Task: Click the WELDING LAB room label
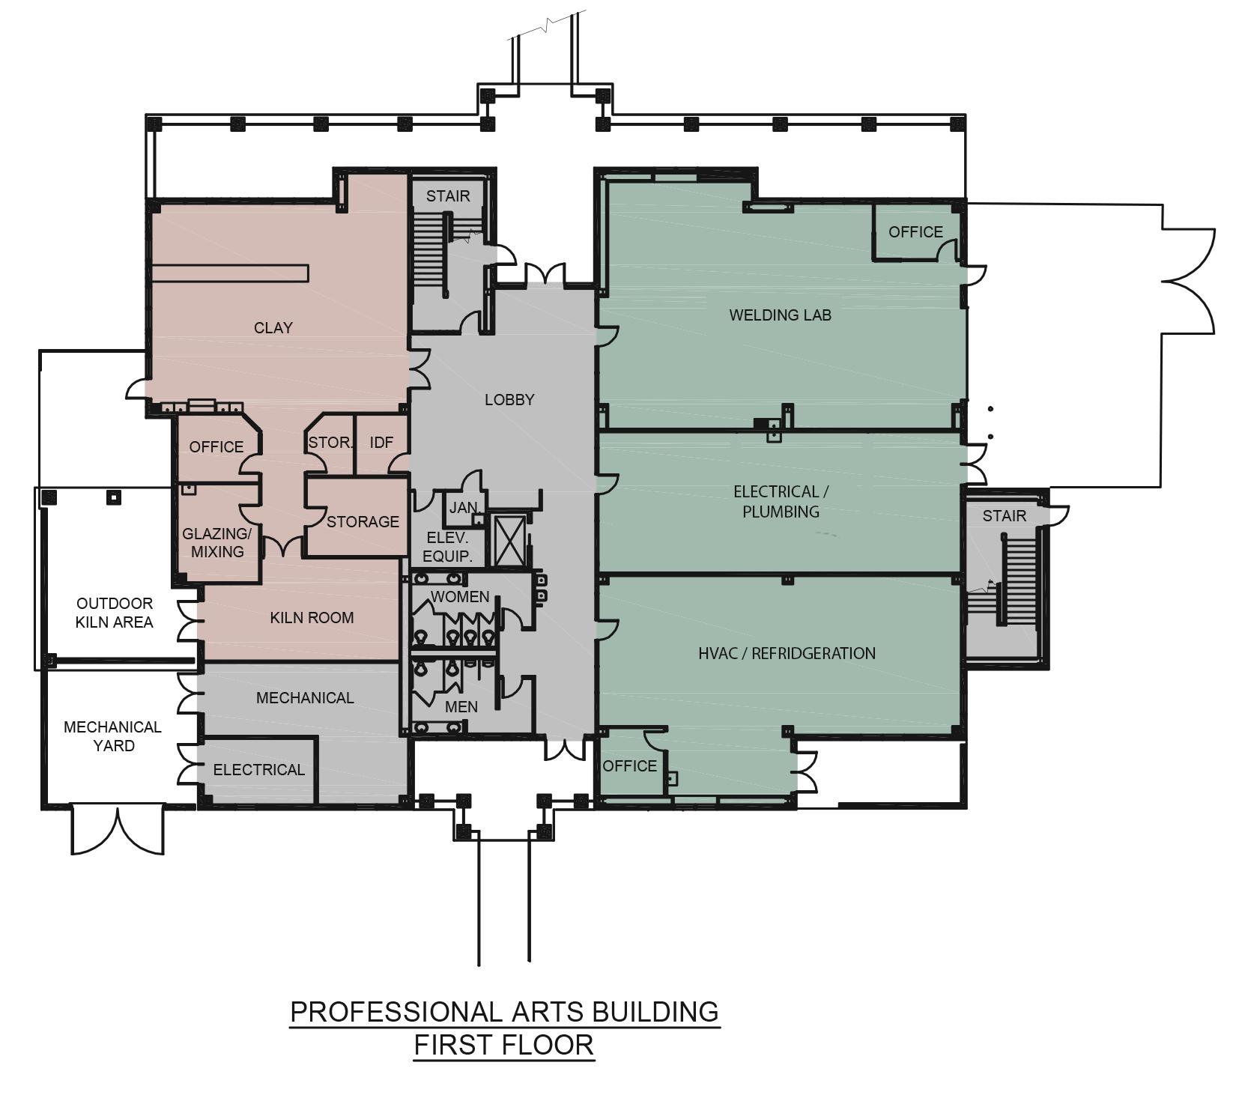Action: click(780, 315)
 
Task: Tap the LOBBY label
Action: click(509, 400)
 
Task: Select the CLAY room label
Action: click(273, 328)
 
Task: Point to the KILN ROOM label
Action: click(312, 618)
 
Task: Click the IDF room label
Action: click(381, 443)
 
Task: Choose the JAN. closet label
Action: click(464, 508)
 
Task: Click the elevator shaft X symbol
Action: click(509, 538)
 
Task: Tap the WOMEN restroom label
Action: click(459, 597)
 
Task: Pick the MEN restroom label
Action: click(461, 707)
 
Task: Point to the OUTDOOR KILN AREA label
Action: click(115, 613)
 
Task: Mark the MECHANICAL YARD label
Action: click(112, 736)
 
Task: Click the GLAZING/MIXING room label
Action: click(216, 543)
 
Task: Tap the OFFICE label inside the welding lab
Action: click(915, 232)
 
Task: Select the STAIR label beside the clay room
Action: click(448, 196)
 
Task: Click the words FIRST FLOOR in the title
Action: click(504, 1045)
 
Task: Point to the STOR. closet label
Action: click(330, 443)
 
